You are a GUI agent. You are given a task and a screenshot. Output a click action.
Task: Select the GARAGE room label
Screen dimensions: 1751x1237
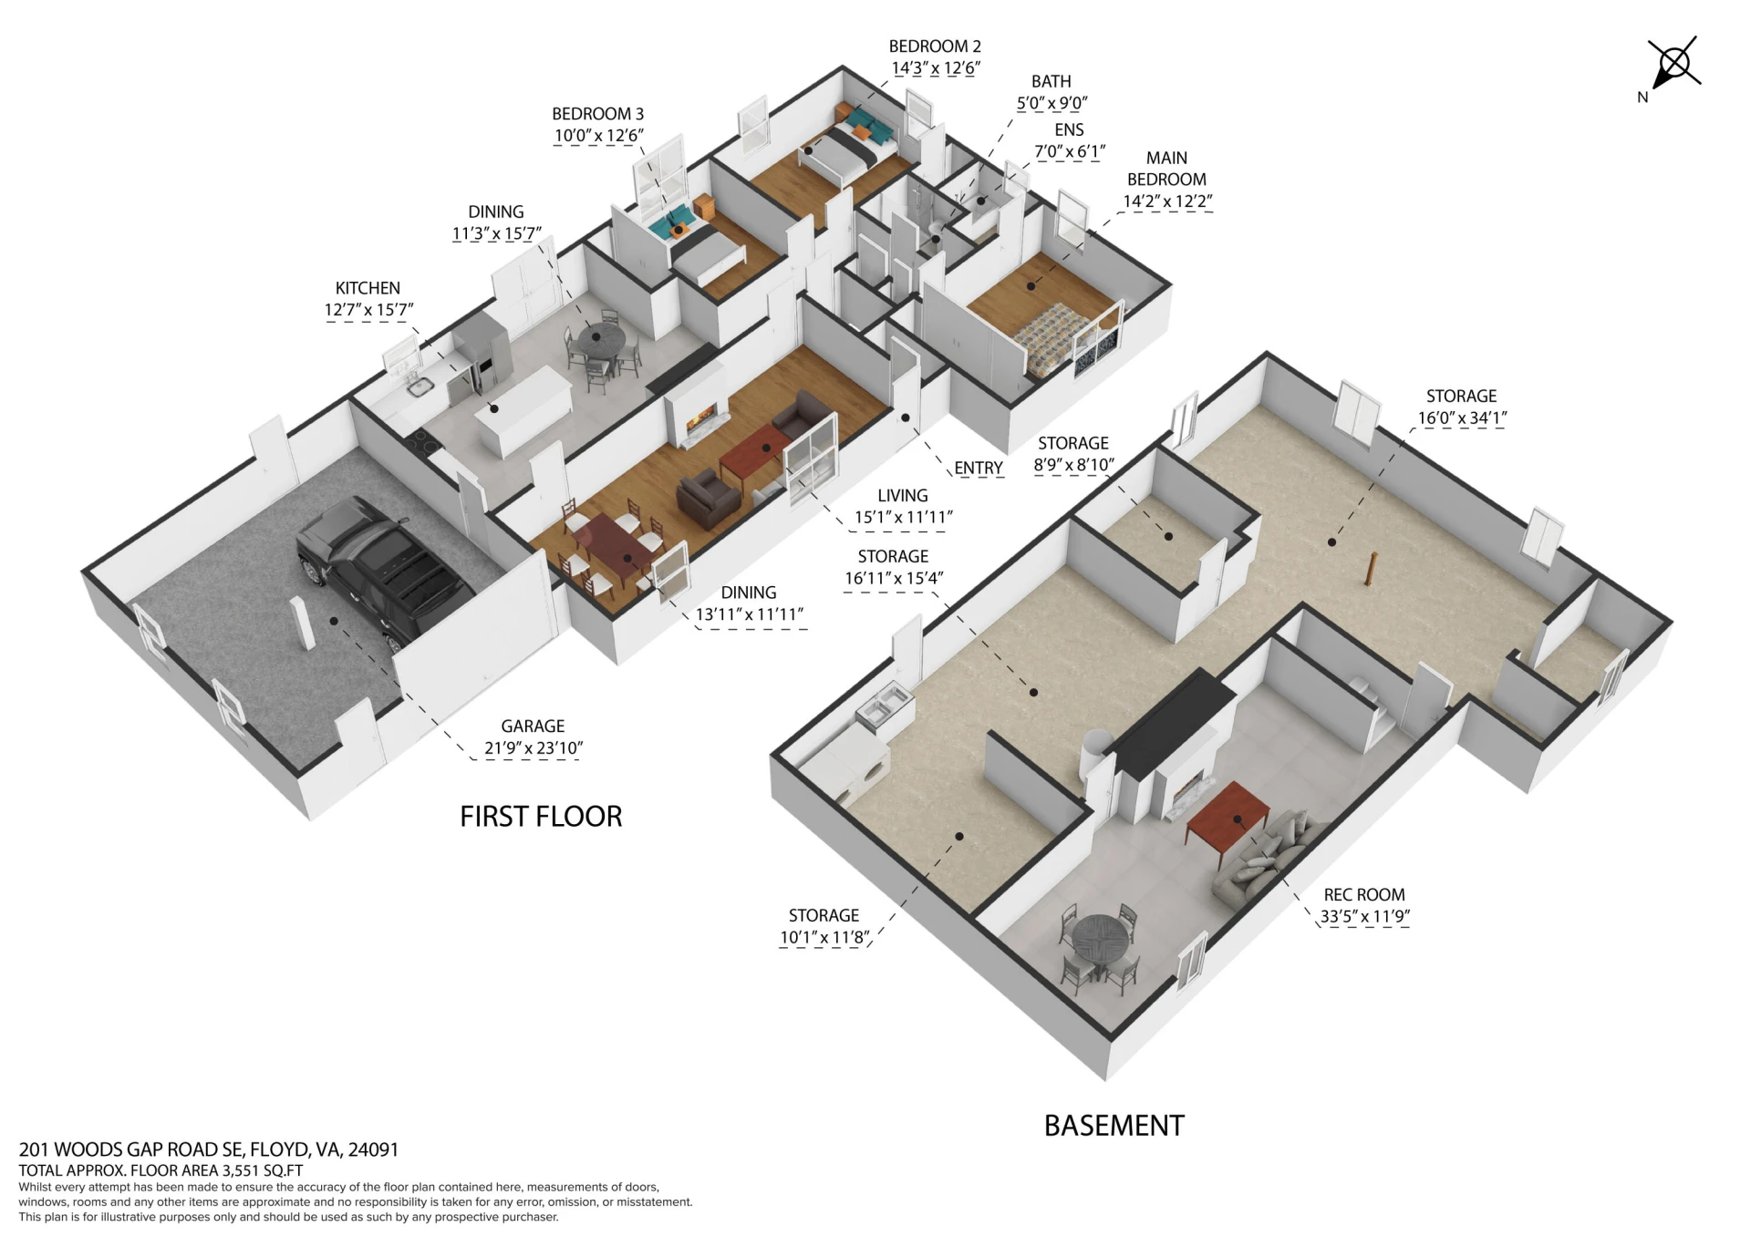(533, 727)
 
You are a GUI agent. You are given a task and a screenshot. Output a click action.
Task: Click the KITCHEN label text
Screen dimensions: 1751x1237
(368, 288)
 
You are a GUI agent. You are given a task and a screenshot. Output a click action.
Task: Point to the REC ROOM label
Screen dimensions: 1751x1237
(1364, 895)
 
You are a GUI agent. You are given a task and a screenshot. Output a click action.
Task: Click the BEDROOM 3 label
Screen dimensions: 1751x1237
(597, 114)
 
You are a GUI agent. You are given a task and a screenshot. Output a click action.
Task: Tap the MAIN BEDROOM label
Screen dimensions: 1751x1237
(1166, 169)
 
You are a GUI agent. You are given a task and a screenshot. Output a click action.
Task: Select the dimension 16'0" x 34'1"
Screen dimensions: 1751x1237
(1462, 418)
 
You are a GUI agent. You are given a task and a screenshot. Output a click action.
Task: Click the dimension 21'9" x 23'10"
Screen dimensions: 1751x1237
(534, 748)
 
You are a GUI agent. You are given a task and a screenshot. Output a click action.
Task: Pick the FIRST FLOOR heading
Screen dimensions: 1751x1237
(541, 817)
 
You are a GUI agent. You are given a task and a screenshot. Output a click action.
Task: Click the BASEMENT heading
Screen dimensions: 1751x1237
(1114, 1126)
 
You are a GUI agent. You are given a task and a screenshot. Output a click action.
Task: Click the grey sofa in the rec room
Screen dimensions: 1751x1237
(1268, 858)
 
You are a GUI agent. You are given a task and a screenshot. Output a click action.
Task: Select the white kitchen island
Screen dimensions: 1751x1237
(523, 411)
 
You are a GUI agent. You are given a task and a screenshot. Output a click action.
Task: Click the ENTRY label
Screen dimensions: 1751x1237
(979, 469)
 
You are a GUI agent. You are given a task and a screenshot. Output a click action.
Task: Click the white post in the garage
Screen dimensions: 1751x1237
(303, 623)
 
